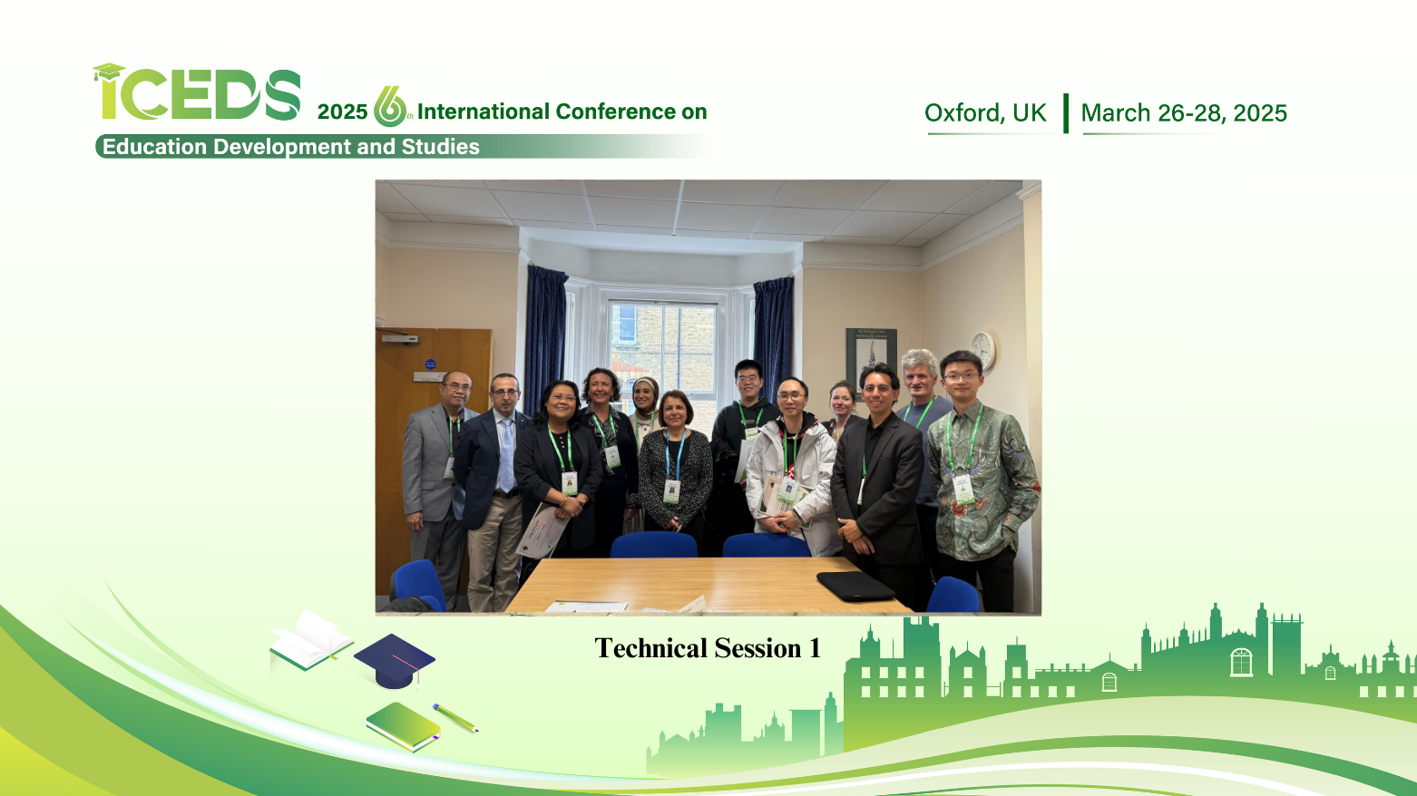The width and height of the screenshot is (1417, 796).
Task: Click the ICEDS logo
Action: tap(197, 93)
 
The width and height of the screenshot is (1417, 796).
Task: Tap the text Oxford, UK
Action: tap(985, 113)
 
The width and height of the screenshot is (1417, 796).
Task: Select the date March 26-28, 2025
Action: tap(1184, 113)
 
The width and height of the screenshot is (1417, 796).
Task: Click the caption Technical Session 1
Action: tap(708, 648)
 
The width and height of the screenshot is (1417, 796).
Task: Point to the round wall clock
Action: tap(983, 350)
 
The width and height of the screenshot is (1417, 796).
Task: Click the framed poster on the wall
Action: tap(871, 361)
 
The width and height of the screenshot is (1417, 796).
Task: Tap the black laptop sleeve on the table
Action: tap(855, 586)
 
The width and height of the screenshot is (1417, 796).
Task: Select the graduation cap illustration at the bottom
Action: tap(394, 661)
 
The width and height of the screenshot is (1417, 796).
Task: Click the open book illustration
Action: tap(311, 640)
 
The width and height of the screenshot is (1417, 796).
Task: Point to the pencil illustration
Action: tap(454, 718)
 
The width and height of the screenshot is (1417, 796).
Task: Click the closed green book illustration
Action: tap(403, 727)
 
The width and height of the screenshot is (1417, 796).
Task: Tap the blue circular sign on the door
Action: tap(430, 364)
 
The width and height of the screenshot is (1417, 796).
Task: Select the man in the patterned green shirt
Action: tap(982, 481)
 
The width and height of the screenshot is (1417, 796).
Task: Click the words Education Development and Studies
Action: tap(291, 147)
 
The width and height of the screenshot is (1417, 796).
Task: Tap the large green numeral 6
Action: tap(389, 107)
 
